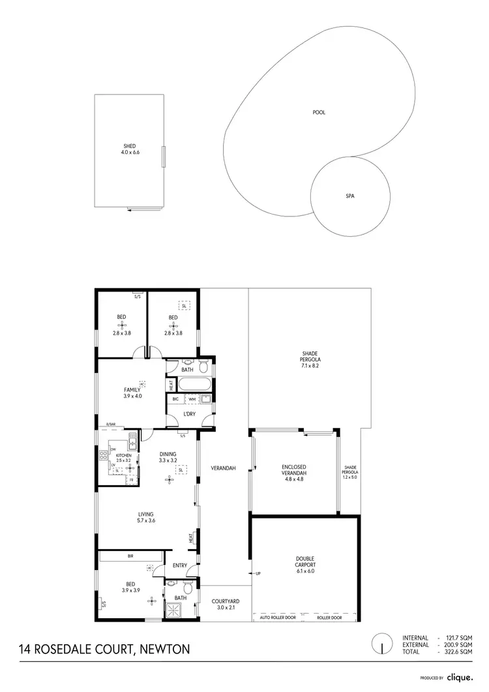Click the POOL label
319,113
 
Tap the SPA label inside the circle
349,195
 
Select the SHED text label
130,146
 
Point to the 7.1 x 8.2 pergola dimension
310,366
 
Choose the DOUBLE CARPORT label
305,562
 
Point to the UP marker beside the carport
258,573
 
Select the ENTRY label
180,565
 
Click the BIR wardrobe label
130,556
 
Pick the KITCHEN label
124,455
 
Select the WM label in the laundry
192,399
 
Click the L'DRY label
190,414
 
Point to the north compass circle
378,644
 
